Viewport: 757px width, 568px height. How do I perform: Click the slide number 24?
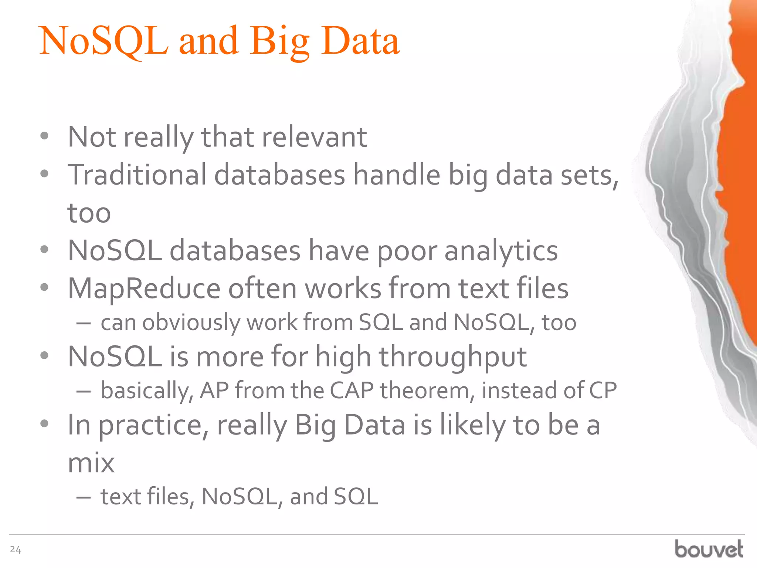point(16,550)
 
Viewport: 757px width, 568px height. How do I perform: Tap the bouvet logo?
point(709,549)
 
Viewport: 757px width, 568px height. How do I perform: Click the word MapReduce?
point(144,289)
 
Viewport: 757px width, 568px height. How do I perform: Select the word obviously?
point(191,322)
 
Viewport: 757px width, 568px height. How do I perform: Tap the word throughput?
point(453,357)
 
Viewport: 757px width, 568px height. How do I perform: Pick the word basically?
point(147,391)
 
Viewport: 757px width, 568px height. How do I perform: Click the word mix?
point(91,463)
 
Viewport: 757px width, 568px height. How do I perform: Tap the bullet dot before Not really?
point(44,136)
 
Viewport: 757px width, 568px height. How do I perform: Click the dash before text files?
point(84,497)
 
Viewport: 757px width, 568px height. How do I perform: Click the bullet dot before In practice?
point(44,424)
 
